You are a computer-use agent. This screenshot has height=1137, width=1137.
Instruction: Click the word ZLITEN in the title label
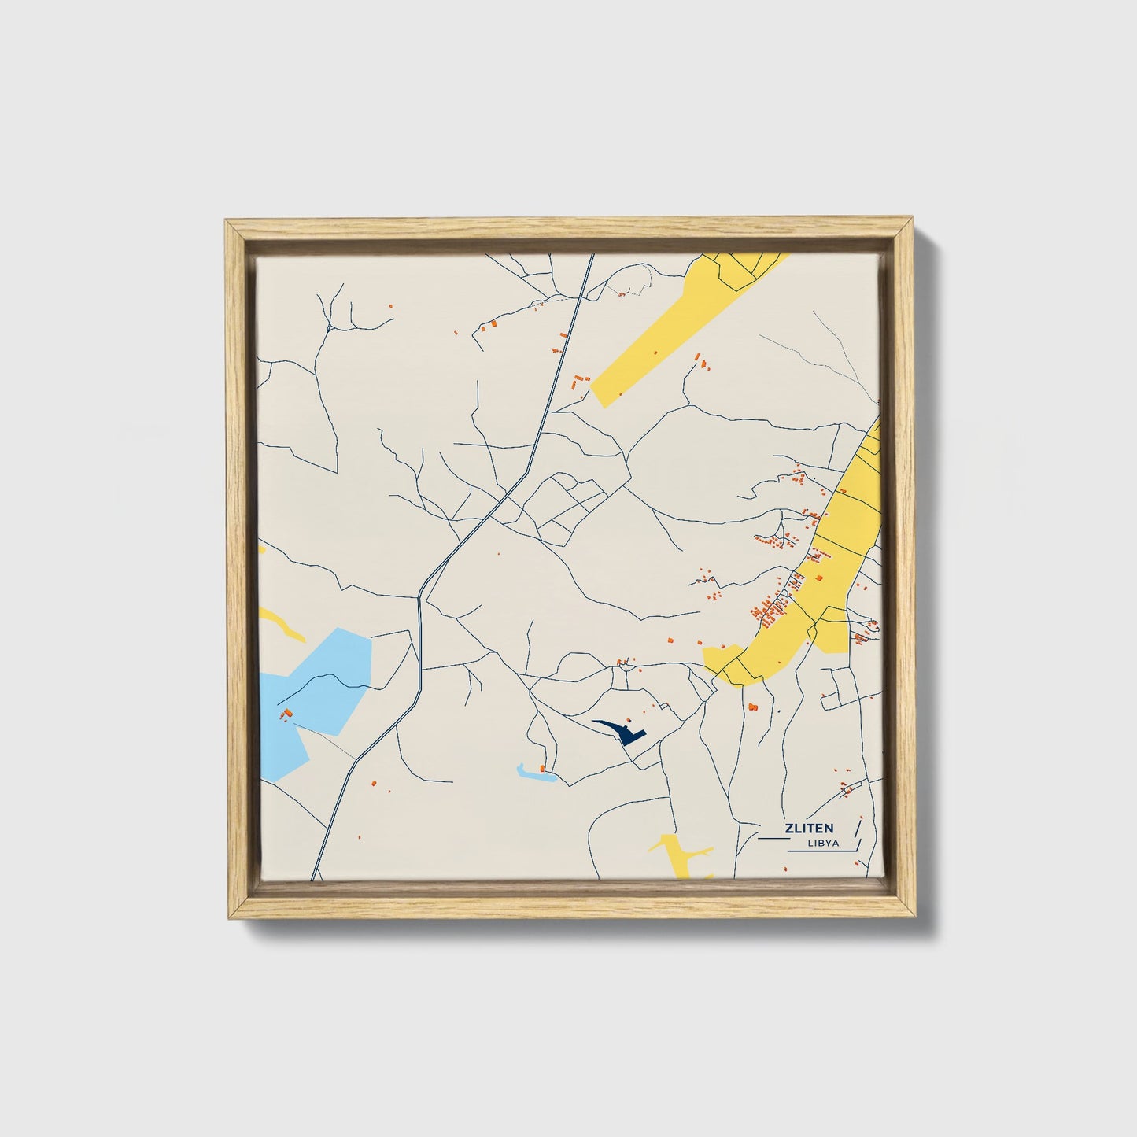808,828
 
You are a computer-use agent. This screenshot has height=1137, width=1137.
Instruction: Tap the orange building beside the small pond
542,767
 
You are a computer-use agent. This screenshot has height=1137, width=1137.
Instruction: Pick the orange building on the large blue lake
287,713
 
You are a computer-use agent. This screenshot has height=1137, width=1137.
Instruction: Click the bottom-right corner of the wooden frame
913,917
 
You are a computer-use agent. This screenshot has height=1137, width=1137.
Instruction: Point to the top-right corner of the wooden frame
913,221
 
